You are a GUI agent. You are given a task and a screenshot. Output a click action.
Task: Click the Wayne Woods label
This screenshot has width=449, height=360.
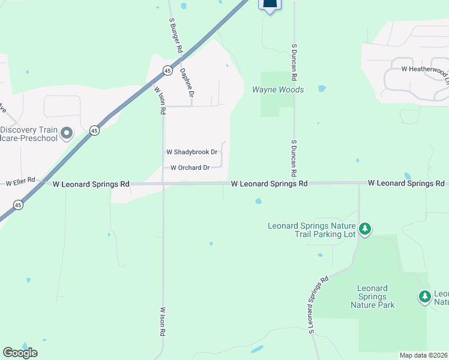click(277, 90)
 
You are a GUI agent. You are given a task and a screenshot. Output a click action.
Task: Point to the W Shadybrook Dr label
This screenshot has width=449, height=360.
click(191, 152)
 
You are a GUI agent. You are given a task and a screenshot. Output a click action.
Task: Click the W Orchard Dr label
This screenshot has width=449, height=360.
click(190, 168)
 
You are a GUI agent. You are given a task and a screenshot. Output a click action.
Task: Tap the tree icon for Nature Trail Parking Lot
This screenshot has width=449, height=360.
click(364, 229)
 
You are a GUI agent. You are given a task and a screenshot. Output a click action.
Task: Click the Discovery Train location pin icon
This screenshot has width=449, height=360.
click(67, 132)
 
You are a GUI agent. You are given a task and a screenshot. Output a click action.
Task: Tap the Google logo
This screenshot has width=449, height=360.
click(20, 353)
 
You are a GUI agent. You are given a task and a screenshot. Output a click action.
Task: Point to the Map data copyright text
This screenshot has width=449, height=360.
click(424, 355)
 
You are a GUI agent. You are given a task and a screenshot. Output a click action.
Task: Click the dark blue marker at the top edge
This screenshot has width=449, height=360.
click(270, 5)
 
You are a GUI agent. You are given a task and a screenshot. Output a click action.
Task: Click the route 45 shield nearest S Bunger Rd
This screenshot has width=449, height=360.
click(166, 70)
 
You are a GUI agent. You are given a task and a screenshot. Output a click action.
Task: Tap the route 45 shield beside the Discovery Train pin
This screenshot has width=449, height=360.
click(94, 130)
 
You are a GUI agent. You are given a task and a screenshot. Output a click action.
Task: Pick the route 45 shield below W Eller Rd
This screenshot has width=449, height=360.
click(19, 205)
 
